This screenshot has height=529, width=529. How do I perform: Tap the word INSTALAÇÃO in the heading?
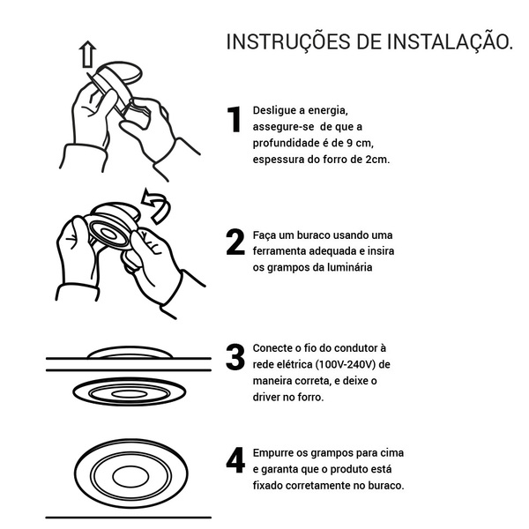click(x=447, y=41)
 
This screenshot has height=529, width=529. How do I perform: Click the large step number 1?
click(x=234, y=119)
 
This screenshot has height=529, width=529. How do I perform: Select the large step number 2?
click(x=235, y=242)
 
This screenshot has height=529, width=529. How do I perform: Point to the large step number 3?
click(x=235, y=356)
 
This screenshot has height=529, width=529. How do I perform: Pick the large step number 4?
click(x=235, y=460)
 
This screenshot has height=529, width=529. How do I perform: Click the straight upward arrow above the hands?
click(x=87, y=54)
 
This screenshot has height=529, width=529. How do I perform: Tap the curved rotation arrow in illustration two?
click(x=156, y=206)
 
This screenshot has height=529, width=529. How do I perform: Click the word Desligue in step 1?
click(x=273, y=111)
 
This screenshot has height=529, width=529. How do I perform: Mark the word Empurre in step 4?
click(x=273, y=453)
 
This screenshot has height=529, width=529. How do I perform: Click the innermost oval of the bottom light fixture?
click(x=130, y=476)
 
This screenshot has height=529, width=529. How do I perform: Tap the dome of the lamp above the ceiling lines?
click(x=130, y=351)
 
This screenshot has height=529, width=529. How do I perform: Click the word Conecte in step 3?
click(x=272, y=348)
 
